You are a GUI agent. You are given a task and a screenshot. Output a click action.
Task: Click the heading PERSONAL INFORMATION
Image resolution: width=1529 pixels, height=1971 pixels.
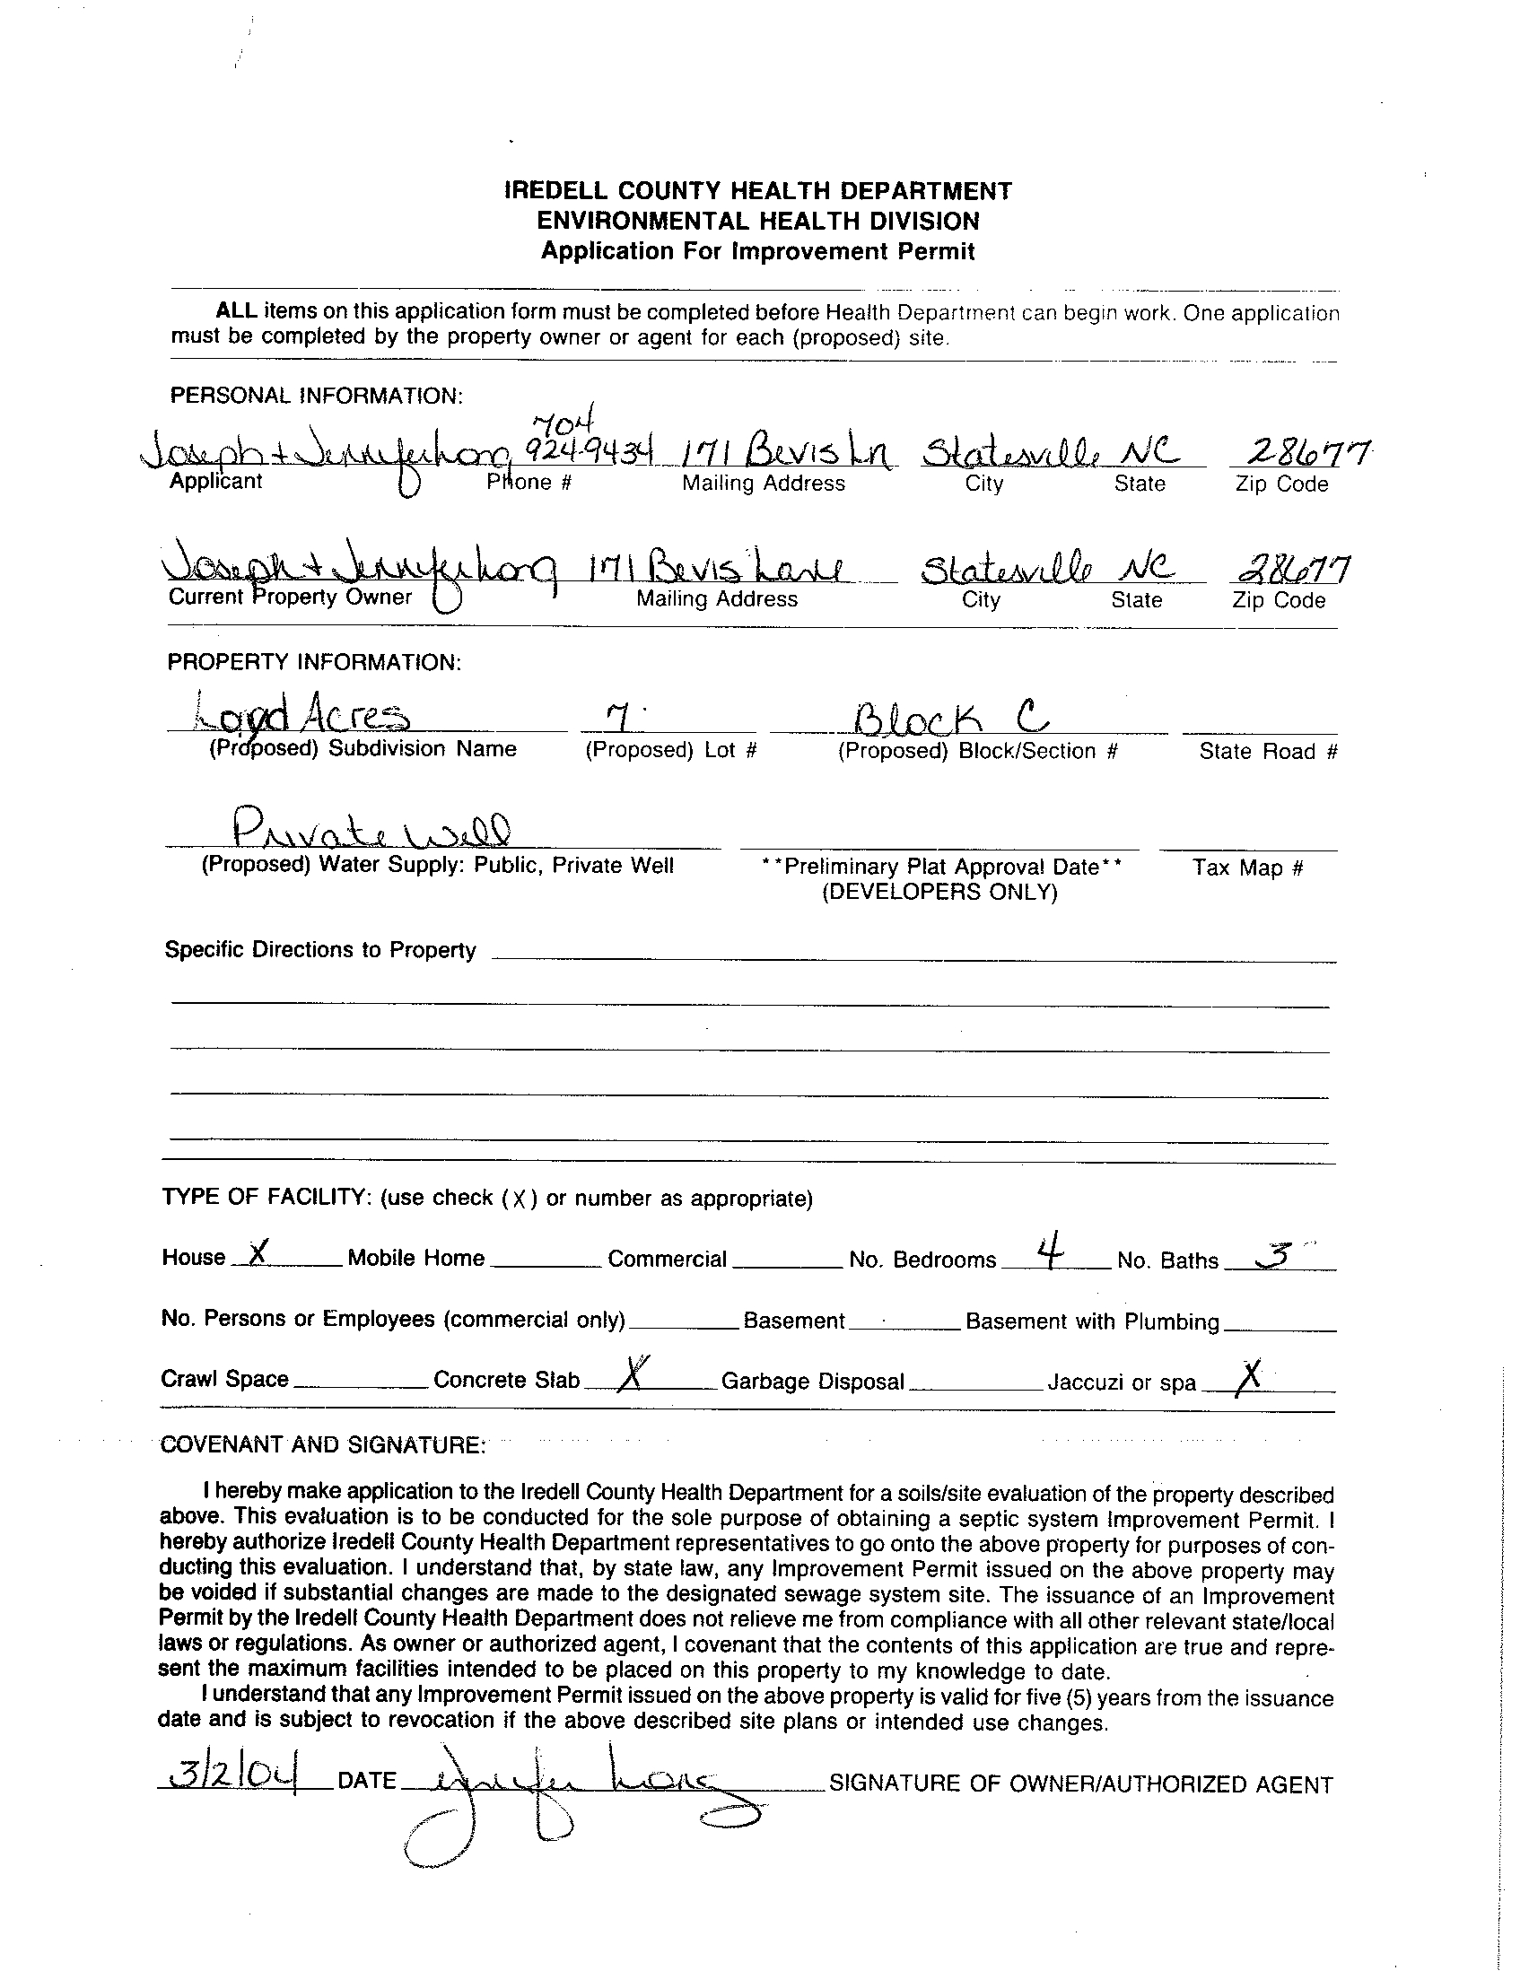316,397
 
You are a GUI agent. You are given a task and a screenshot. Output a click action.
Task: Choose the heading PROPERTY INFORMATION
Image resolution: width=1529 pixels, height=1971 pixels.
314,662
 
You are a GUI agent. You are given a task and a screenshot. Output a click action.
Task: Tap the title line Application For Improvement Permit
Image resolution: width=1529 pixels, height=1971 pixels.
757,252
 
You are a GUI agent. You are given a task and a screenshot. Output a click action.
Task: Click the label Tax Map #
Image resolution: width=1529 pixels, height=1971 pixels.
1247,868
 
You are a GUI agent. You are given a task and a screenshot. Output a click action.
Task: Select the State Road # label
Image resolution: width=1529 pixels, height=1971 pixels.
1267,752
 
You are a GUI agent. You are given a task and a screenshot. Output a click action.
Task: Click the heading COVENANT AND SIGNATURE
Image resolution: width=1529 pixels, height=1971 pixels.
322,1445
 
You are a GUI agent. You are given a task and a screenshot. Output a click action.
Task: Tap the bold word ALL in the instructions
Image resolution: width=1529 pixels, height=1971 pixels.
237,311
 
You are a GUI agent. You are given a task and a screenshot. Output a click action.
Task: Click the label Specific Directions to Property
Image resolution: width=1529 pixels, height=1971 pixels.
319,950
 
